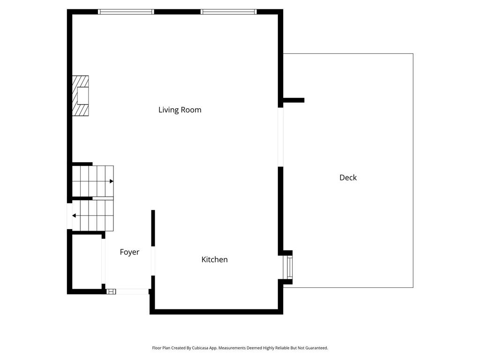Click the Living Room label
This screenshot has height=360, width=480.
[180, 110]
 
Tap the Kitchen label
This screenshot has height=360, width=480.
[214, 259]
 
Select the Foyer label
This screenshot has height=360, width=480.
[129, 252]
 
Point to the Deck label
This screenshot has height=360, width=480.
[348, 177]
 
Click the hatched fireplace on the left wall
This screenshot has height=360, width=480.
[80, 96]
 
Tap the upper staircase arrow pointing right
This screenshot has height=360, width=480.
[111, 181]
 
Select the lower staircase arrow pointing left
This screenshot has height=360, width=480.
[74, 216]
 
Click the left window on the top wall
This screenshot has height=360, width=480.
[126, 12]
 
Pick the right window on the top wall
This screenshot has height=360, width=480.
[228, 12]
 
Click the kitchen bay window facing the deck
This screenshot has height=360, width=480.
[290, 267]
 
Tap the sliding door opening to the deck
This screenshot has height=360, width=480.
[280, 137]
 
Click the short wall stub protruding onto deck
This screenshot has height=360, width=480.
[294, 100]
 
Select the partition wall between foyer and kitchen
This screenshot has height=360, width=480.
[153, 228]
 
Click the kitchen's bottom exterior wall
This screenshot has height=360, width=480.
[216, 311]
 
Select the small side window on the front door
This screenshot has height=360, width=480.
[111, 292]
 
